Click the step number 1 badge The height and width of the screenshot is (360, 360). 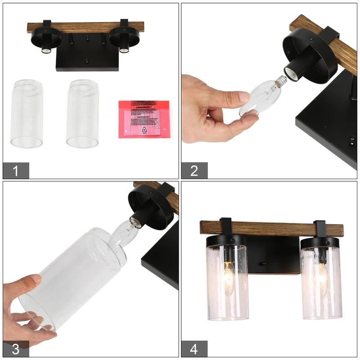[16, 171]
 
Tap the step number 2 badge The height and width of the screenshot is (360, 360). [194, 171]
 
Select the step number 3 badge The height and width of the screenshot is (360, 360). [16, 349]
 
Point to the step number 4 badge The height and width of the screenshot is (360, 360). [194, 349]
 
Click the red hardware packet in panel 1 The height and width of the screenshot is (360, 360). [143, 119]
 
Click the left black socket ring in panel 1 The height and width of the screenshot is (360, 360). [46, 39]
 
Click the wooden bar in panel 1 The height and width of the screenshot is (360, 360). [85, 27]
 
